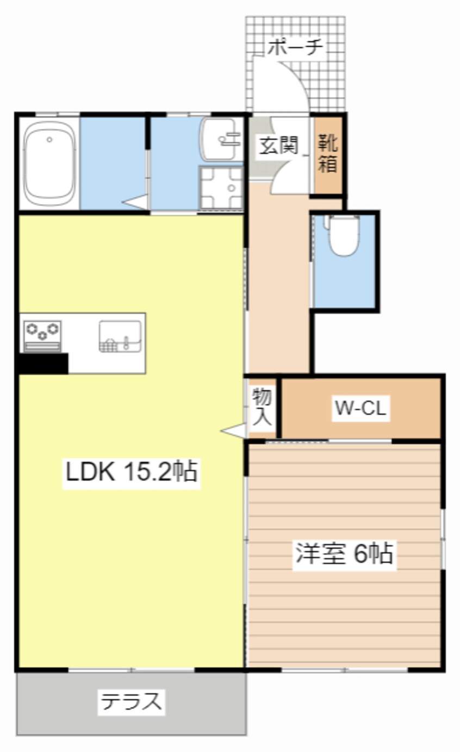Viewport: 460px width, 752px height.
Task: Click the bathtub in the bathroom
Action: tap(49, 164)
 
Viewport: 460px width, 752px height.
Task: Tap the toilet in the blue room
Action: tap(343, 235)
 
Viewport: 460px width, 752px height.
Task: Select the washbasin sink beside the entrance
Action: tap(221, 139)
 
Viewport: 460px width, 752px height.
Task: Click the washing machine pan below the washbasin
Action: tap(221, 187)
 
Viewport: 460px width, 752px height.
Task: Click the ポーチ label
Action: tap(296, 48)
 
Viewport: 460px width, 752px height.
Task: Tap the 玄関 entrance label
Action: tap(278, 145)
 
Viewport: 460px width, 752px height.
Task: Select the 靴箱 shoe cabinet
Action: tap(328, 154)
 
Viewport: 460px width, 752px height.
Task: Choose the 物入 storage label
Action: tap(262, 407)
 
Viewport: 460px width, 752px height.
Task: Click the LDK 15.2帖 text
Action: tap(130, 472)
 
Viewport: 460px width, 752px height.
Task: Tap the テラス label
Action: tap(131, 702)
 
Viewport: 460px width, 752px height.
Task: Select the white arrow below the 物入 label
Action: tap(233, 431)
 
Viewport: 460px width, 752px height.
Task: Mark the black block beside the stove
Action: tap(43, 363)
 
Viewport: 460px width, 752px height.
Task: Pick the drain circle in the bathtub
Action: tap(49, 140)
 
